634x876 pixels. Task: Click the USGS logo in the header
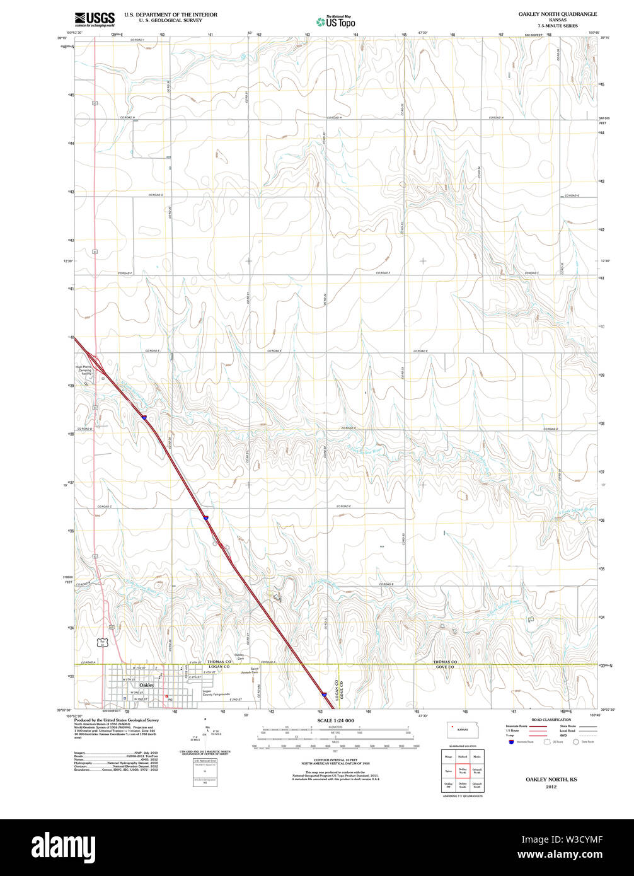(x=95, y=19)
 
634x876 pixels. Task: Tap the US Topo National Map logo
(x=335, y=21)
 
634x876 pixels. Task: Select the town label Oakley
(x=146, y=684)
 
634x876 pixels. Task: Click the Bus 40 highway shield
(x=102, y=642)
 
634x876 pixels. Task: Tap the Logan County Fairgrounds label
(x=216, y=693)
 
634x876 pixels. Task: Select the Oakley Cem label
(x=239, y=656)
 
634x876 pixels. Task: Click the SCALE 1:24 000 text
(x=335, y=720)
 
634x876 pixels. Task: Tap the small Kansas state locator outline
(x=463, y=730)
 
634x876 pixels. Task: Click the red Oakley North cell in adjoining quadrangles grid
(x=463, y=771)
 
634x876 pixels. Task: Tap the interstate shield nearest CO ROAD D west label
(x=144, y=417)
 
